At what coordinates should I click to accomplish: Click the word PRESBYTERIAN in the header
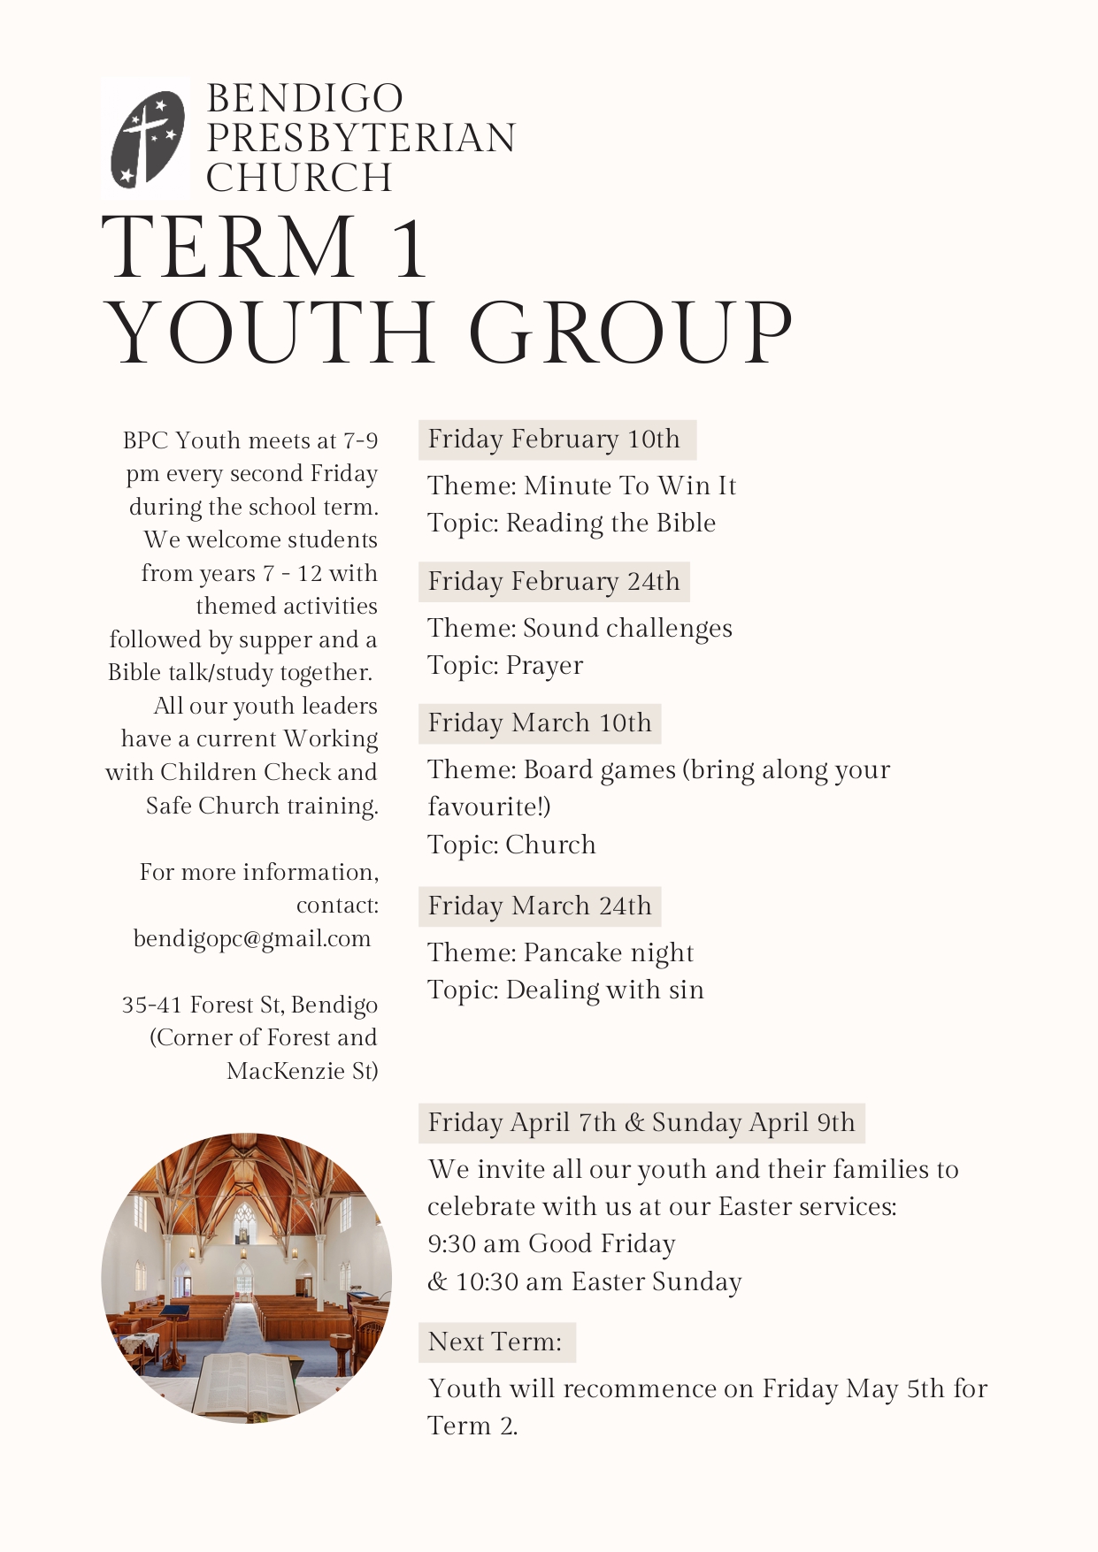click(361, 138)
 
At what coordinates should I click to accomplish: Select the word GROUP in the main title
click(630, 333)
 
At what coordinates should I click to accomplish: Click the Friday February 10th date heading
click(555, 440)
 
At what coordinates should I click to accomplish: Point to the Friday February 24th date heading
click(554, 582)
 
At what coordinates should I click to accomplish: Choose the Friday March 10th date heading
click(540, 723)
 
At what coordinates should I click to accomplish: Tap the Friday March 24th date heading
click(540, 906)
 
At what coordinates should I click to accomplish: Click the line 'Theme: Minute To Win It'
click(582, 485)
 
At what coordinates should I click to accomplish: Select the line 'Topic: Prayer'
click(505, 665)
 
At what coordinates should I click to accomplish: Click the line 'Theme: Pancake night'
click(561, 952)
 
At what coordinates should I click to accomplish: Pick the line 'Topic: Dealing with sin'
click(566, 990)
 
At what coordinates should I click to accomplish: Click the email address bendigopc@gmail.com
click(252, 938)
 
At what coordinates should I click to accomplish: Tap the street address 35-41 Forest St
click(250, 1005)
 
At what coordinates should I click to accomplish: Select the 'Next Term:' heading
click(495, 1342)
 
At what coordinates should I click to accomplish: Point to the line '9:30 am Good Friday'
click(551, 1244)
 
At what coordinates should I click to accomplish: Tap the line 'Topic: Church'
click(511, 845)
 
